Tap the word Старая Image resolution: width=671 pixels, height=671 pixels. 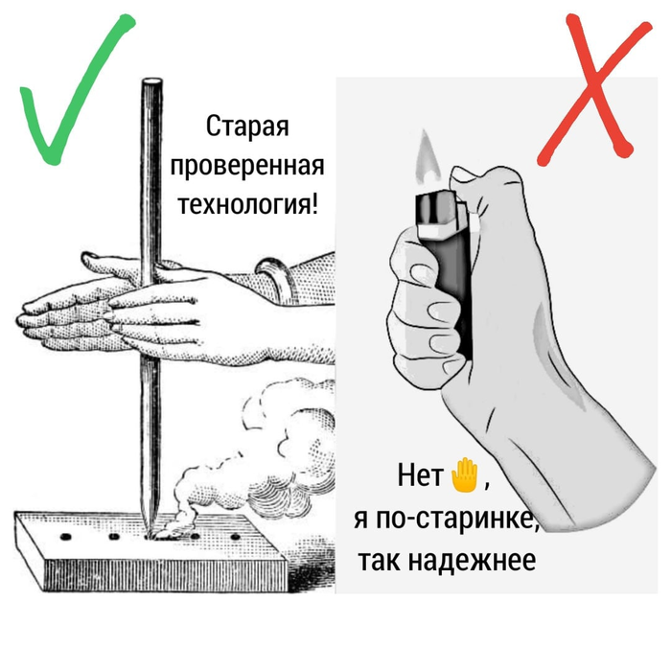tap(247, 127)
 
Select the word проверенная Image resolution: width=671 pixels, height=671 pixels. tap(247, 166)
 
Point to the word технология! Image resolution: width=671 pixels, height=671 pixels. tap(247, 204)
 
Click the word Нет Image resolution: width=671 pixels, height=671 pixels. tap(420, 475)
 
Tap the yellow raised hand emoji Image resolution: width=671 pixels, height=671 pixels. tap(464, 474)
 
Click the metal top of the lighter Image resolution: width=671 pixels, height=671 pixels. tap(437, 213)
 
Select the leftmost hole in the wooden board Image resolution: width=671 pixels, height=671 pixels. tap(67, 529)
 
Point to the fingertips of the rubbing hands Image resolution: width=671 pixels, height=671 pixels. tap(29, 316)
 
